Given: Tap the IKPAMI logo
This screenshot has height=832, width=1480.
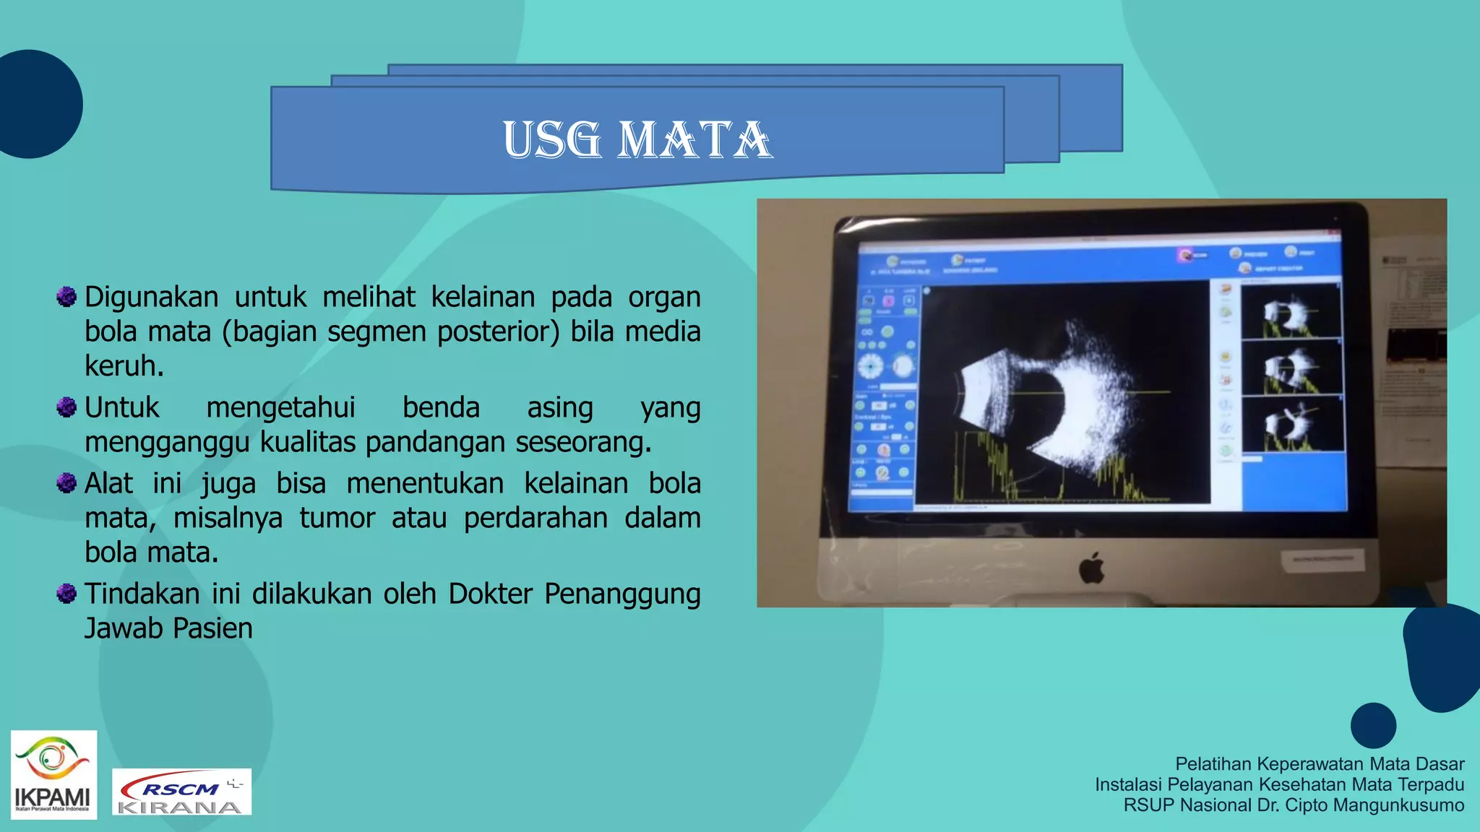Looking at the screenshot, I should (x=53, y=774).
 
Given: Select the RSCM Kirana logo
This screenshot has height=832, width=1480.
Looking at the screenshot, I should (x=181, y=792).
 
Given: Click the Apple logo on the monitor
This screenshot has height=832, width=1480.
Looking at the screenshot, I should (x=1092, y=568).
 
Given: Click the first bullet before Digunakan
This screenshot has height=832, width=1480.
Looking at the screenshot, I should (x=66, y=297).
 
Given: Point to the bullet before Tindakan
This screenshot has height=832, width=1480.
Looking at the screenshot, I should (x=66, y=594).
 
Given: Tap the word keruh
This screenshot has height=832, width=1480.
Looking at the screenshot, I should (x=123, y=366).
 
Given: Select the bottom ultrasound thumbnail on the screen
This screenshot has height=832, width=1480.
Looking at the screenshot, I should (x=1292, y=425).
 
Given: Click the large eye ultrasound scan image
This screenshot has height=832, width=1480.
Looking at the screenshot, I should (x=1062, y=394).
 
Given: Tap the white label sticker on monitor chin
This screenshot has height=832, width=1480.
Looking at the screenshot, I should (x=1322, y=559).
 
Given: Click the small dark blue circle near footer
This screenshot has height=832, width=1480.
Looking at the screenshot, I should (x=1372, y=725).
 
